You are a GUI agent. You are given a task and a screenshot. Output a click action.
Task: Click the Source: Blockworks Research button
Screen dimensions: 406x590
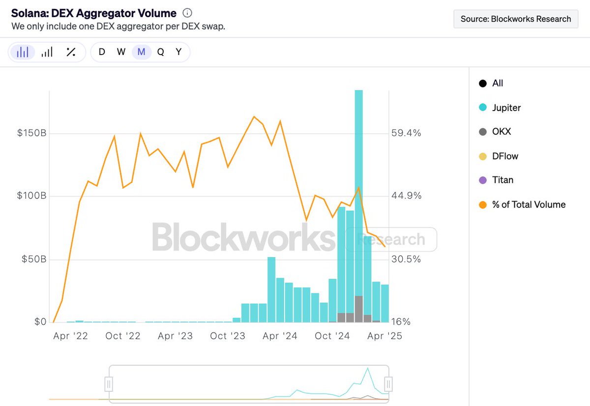tap(515, 19)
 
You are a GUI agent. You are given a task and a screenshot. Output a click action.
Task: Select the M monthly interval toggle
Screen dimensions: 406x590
tap(141, 52)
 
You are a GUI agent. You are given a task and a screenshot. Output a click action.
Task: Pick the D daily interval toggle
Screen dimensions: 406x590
tap(102, 52)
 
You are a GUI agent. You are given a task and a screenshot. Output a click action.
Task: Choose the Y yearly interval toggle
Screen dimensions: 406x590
tap(179, 52)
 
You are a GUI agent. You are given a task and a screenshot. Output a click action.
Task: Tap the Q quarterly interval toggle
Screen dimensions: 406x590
tap(160, 52)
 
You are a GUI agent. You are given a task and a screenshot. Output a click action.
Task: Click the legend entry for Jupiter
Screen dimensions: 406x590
tap(506, 108)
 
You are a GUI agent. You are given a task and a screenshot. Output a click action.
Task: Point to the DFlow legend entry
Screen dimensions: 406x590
tap(505, 156)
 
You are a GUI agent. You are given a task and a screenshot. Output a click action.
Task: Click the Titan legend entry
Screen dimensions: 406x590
tap(502, 180)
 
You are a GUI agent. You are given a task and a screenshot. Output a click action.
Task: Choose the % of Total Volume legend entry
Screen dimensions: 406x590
tap(529, 204)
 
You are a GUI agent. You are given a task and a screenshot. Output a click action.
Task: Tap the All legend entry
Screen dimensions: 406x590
tap(498, 84)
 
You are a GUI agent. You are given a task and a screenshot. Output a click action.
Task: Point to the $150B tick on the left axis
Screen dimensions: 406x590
tap(32, 133)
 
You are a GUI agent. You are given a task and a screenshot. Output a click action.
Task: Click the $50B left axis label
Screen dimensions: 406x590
tap(34, 259)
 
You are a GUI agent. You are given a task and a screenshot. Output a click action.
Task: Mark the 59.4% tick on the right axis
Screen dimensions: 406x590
tap(406, 133)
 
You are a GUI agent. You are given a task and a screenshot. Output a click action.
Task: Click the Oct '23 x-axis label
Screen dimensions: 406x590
tap(227, 336)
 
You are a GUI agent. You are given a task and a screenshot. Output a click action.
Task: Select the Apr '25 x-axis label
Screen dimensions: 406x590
tap(385, 336)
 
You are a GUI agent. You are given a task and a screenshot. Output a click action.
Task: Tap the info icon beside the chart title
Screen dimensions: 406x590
tap(187, 13)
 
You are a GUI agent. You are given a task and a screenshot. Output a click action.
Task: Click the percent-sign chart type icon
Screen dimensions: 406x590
tap(71, 52)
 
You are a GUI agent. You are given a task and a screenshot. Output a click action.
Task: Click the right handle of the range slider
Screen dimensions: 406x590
tap(388, 383)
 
